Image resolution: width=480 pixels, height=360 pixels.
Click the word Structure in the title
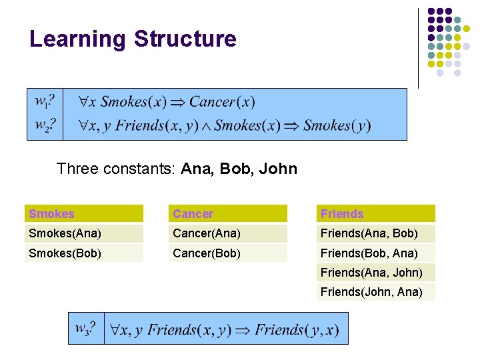click(185, 39)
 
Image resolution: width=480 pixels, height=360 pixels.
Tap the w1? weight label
click(44, 102)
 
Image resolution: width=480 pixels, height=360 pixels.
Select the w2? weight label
click(44, 125)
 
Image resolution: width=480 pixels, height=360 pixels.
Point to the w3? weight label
click(85, 329)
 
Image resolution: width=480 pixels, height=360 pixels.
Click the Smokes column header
click(52, 214)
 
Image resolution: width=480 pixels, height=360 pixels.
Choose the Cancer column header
click(193, 214)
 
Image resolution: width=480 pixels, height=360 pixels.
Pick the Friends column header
click(342, 214)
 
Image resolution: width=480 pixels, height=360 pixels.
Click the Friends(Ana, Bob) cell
click(369, 233)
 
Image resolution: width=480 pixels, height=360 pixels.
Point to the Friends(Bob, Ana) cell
click(369, 253)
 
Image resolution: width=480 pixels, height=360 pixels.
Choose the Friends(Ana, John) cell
click(371, 272)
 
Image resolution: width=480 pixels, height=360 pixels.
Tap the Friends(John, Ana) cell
click(371, 291)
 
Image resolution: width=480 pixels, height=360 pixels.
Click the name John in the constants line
click(279, 169)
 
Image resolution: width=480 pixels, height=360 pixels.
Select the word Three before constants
click(77, 169)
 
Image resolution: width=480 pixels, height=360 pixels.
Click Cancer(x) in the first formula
click(222, 102)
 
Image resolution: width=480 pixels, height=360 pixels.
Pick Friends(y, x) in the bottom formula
click(297, 329)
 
